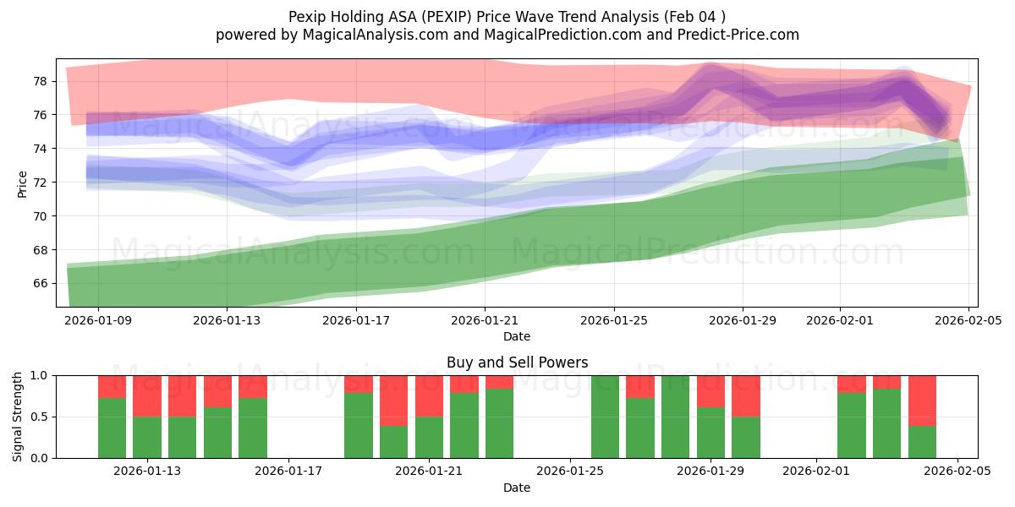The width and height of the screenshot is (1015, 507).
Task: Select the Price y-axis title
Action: tap(23, 183)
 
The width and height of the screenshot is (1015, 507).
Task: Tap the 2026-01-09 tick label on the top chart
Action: tap(97, 321)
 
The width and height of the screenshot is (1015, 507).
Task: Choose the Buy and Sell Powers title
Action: tap(517, 363)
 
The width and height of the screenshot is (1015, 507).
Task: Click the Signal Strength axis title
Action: tap(18, 417)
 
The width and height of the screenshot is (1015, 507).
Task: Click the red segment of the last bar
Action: tap(922, 400)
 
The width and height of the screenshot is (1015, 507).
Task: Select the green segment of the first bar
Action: tap(112, 428)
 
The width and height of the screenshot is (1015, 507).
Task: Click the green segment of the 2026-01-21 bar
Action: tap(429, 437)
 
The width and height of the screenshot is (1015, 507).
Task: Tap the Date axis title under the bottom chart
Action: tap(517, 488)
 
